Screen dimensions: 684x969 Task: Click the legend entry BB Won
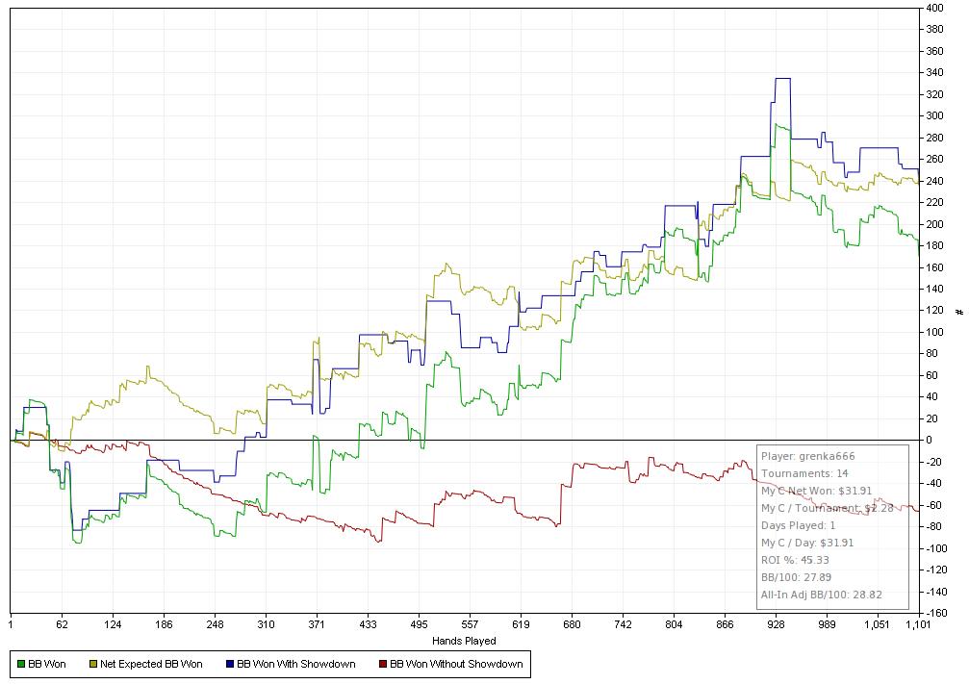click(46, 664)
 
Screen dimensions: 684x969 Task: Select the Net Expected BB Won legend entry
click(150, 664)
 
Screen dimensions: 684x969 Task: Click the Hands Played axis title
click(466, 641)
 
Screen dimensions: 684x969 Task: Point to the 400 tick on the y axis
click(934, 8)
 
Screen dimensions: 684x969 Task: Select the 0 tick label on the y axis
click(930, 441)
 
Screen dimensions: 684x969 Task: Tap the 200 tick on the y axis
click(934, 224)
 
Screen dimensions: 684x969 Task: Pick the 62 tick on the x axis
click(62, 624)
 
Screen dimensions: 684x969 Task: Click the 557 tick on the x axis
click(470, 624)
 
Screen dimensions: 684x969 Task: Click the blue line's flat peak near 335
click(782, 79)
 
